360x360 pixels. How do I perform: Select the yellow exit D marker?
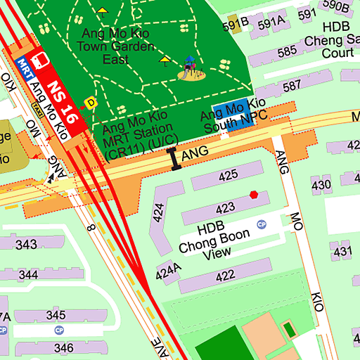tap(89, 103)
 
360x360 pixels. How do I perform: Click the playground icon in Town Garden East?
tap(189, 68)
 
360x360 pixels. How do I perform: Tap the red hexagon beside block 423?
tap(253, 195)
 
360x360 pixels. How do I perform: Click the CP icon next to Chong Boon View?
tap(262, 224)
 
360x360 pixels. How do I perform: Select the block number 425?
tap(228, 176)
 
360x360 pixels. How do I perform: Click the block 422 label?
tap(225, 276)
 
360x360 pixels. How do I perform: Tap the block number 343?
tap(26, 245)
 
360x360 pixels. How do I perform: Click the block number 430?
tap(321, 185)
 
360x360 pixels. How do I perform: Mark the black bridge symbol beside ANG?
tap(174, 160)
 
